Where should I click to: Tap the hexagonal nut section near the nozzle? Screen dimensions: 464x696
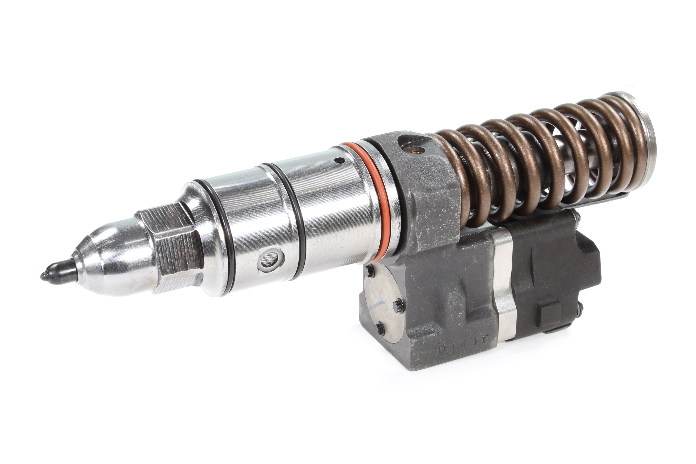(x=172, y=249)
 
